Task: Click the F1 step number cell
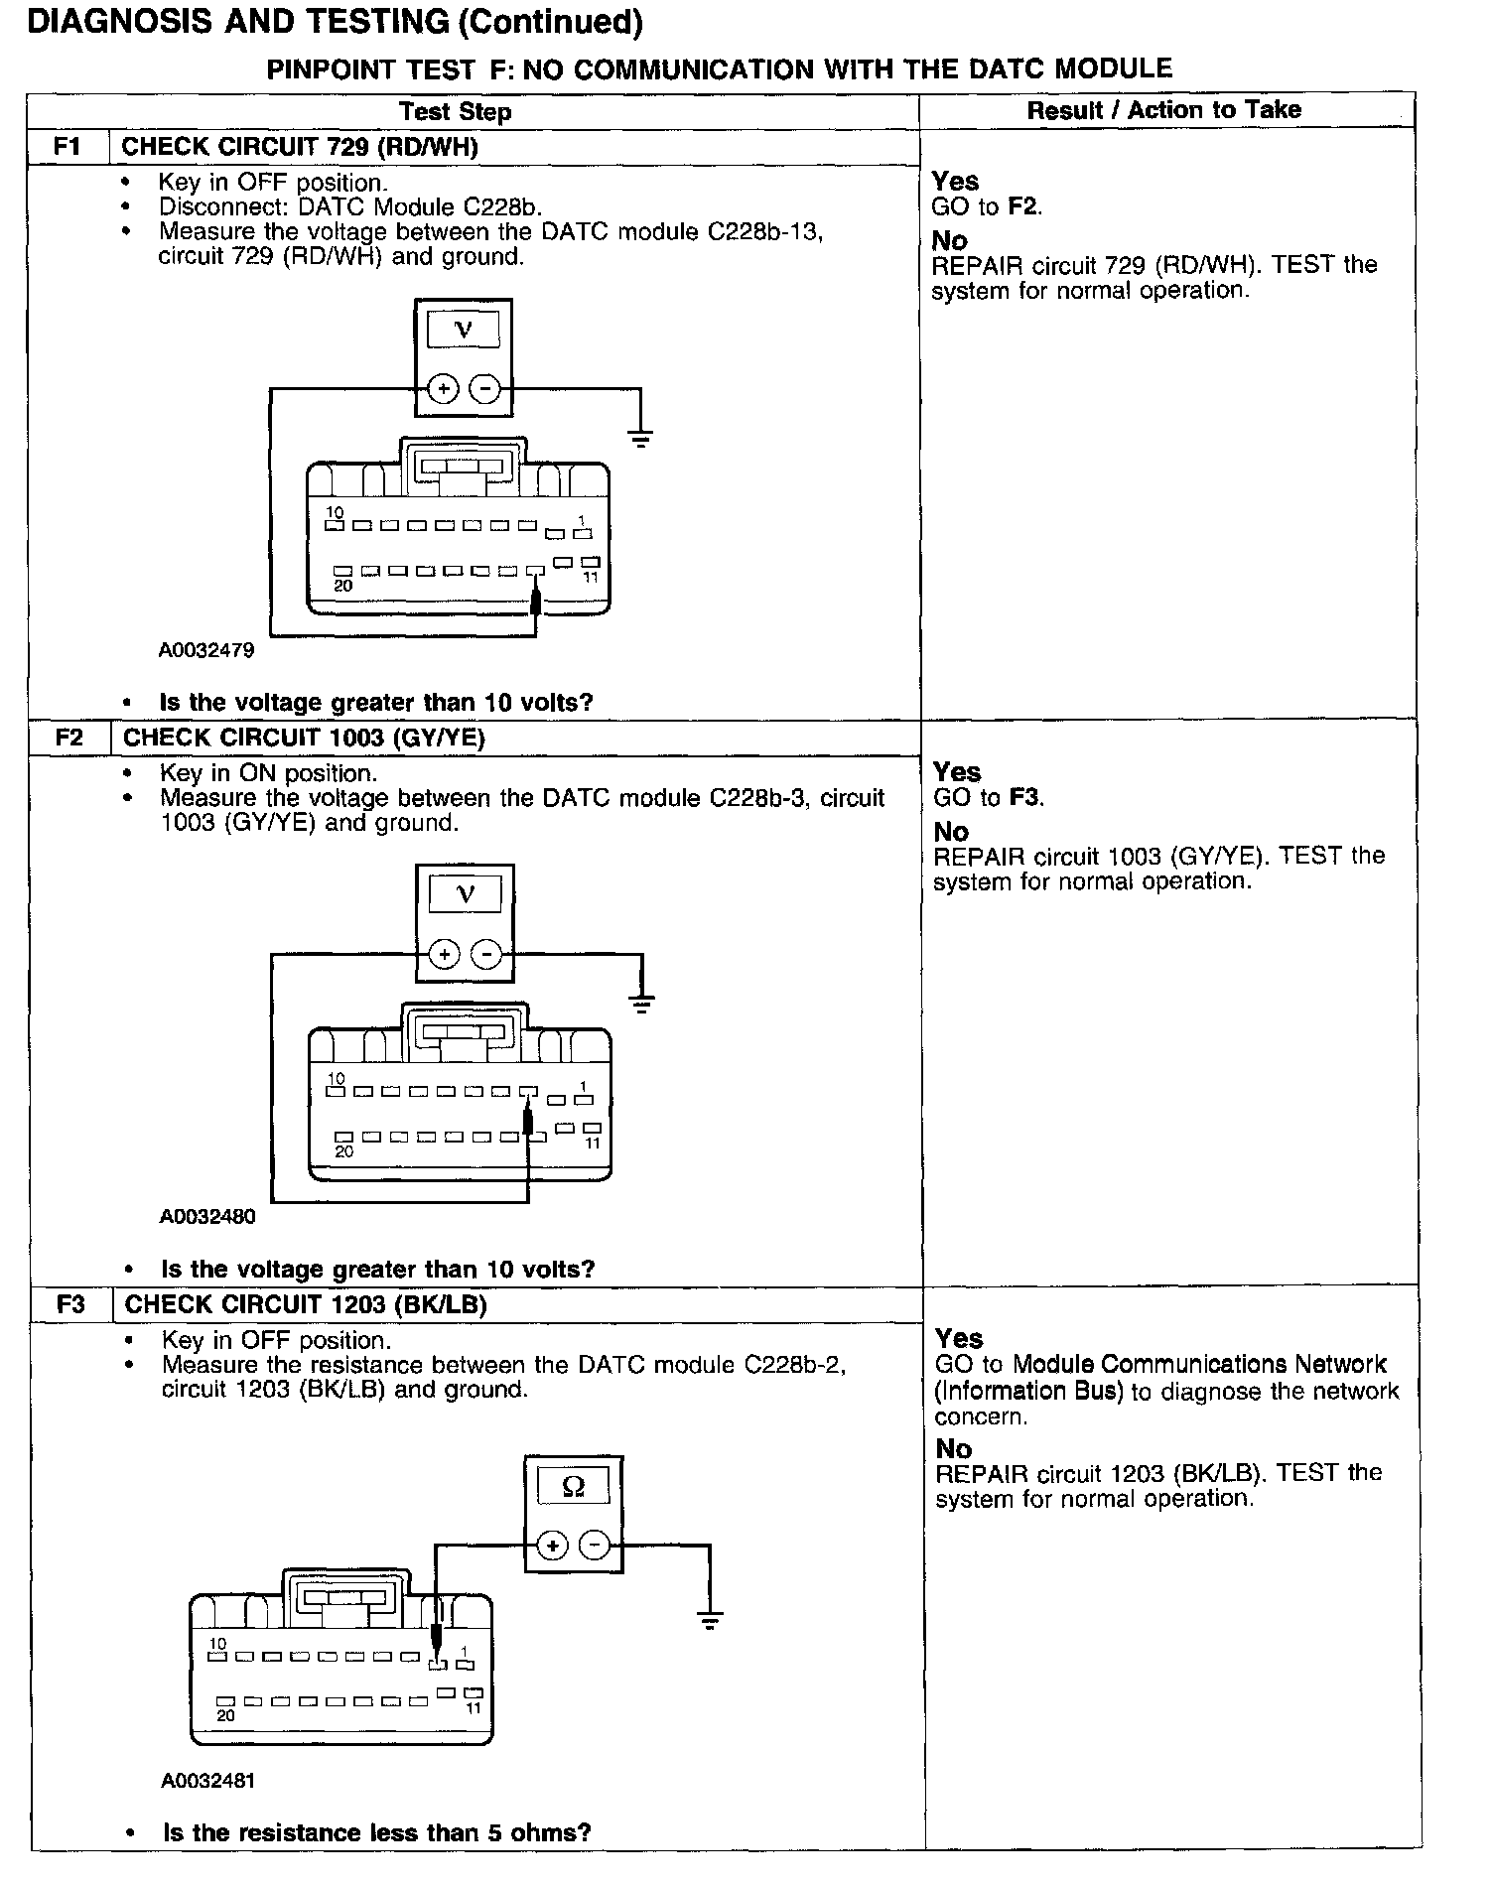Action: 68,147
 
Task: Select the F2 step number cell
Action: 68,738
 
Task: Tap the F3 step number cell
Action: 70,1304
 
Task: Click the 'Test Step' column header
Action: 455,111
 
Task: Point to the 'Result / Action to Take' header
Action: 1163,110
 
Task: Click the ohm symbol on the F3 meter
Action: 573,1486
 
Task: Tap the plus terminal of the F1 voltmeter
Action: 443,388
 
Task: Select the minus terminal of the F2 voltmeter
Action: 486,955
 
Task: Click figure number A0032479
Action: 206,650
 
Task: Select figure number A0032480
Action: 207,1216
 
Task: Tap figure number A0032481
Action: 207,1780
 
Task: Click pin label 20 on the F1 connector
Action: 342,586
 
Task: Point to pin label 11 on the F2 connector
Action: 593,1144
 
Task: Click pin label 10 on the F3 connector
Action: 218,1644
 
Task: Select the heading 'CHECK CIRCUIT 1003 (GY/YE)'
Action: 304,738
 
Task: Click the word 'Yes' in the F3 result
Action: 958,1338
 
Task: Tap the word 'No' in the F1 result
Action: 949,240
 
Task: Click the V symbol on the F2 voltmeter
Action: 465,894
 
